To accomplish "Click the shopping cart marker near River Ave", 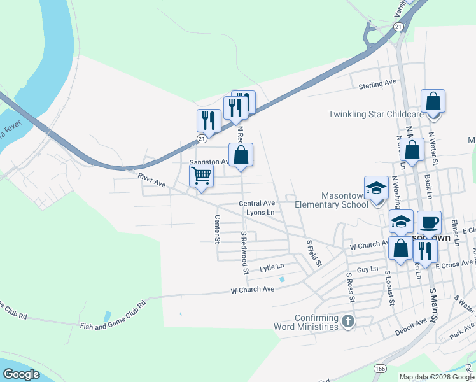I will point(201,175).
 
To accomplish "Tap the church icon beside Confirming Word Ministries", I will point(347,322).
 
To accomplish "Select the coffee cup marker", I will point(429,223).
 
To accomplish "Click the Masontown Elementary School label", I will point(331,200).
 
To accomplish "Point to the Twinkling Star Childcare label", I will point(375,114).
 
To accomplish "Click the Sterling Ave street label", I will point(377,84).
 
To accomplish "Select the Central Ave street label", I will point(256,203).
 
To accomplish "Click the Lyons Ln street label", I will point(260,213).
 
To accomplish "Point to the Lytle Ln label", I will point(272,268).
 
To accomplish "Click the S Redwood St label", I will point(243,253).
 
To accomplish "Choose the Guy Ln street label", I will point(367,270).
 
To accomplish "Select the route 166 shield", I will point(381,369).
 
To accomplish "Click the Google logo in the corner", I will point(21,374).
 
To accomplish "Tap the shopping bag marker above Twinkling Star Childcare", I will point(433,103).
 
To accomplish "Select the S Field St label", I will point(314,253).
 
